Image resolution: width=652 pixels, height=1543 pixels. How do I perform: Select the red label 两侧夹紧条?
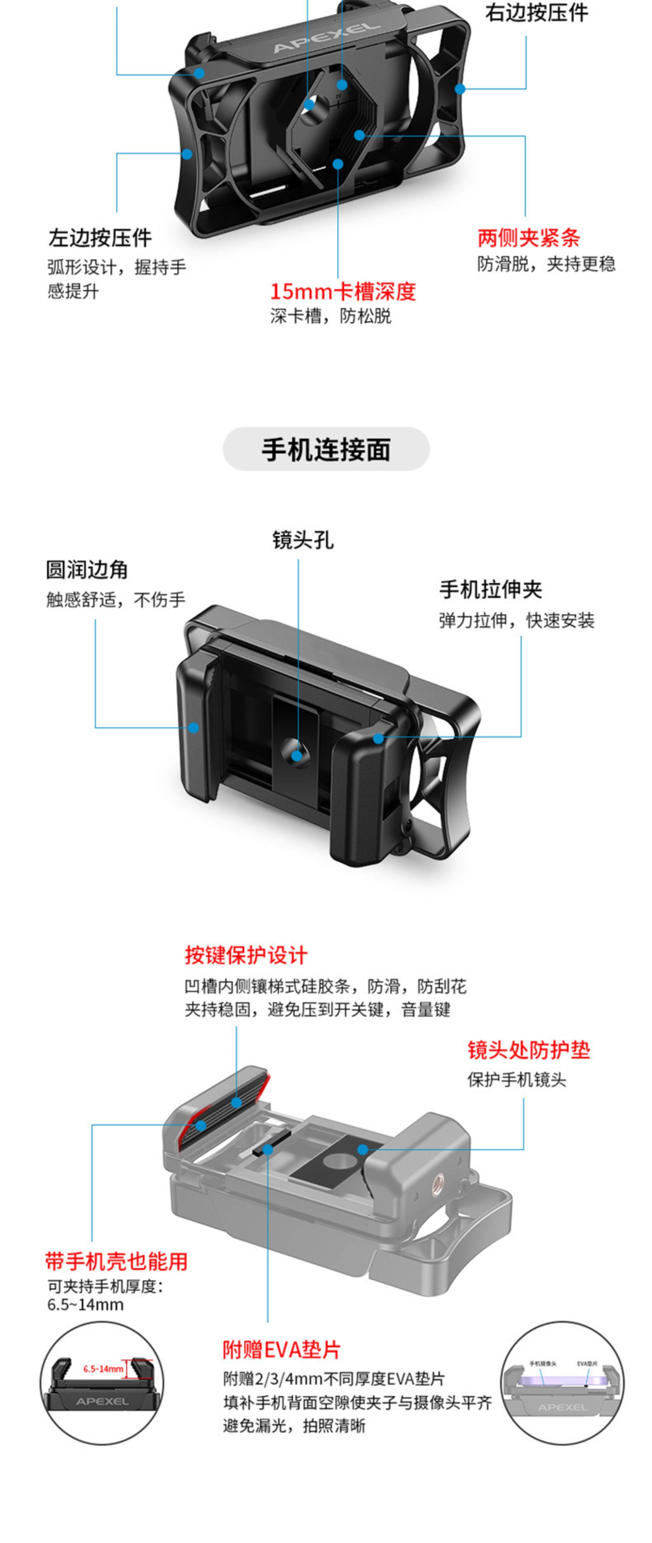[x=528, y=238]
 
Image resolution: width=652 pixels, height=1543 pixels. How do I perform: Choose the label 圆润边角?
[x=87, y=570]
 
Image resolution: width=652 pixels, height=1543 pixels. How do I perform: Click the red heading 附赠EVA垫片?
[x=281, y=1349]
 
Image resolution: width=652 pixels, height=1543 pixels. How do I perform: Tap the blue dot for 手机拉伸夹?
[x=378, y=738]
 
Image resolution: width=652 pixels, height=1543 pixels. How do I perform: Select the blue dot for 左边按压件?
[x=187, y=154]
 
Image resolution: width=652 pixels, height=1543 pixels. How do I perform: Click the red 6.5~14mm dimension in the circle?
[x=103, y=1369]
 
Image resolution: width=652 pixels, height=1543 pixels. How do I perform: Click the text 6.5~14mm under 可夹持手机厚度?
[x=85, y=1305]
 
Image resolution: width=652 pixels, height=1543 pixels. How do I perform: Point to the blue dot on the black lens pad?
[x=362, y=1149]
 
